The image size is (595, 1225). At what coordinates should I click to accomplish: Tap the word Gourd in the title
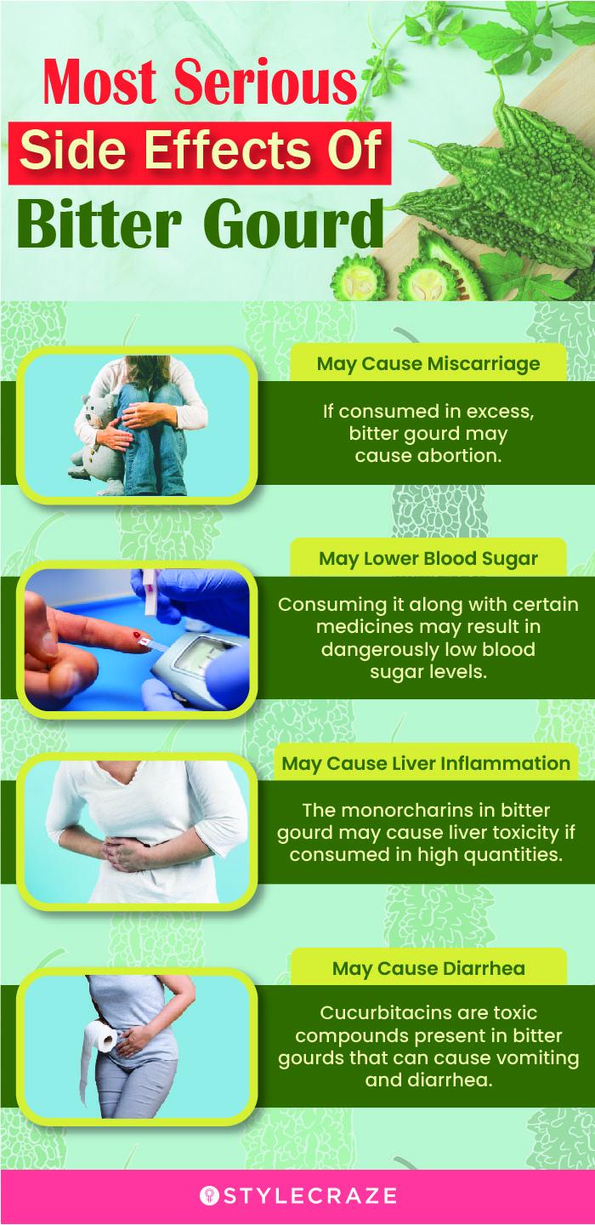[x=292, y=225]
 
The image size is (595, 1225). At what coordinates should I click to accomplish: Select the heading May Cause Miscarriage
[x=428, y=364]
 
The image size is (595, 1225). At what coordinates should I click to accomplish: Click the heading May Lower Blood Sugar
[x=428, y=558]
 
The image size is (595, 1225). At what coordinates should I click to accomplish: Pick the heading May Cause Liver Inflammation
[x=426, y=763]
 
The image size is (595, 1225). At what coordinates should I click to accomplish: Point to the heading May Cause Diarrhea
[x=428, y=968]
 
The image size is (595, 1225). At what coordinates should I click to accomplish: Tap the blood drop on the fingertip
[x=136, y=635]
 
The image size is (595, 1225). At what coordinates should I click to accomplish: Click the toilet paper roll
[x=101, y=1035]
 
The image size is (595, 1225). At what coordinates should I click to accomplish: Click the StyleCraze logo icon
[x=209, y=1195]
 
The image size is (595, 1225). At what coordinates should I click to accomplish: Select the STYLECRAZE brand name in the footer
[x=309, y=1195]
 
